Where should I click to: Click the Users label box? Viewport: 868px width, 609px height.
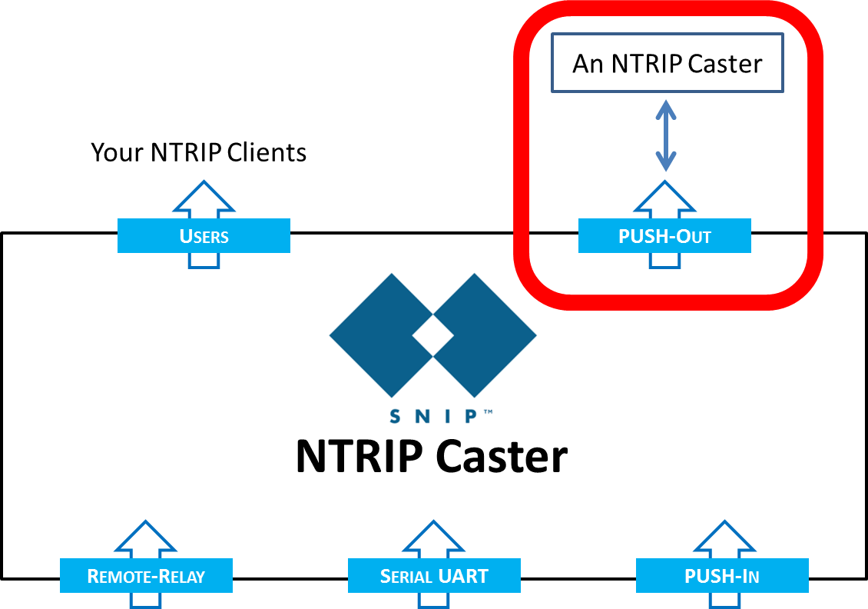click(x=204, y=235)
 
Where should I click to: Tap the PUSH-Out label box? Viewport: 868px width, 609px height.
click(x=664, y=235)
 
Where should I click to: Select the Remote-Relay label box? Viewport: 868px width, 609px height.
click(x=146, y=576)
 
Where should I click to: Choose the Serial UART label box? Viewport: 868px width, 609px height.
click(x=434, y=576)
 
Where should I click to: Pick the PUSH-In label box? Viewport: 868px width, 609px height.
click(x=722, y=576)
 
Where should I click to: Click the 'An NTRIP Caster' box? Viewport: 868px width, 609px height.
click(x=667, y=63)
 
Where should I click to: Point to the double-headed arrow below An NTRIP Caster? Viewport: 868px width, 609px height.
click(x=666, y=136)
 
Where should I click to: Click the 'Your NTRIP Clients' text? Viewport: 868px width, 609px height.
click(x=198, y=152)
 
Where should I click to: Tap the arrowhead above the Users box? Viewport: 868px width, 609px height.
click(x=204, y=198)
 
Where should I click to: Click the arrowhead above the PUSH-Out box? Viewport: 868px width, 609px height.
click(x=665, y=198)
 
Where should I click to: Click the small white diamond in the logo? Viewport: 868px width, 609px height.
click(x=433, y=336)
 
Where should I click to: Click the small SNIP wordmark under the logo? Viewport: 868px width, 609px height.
click(x=436, y=416)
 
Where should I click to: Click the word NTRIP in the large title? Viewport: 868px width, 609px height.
click(x=358, y=457)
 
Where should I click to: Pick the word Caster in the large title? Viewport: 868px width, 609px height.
click(x=501, y=457)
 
